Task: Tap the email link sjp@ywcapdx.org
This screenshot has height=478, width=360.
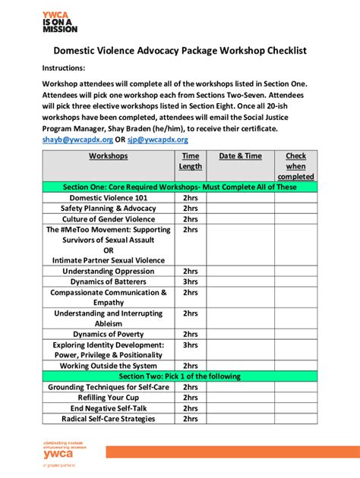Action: click(x=158, y=140)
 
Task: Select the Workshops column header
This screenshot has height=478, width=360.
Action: click(x=109, y=156)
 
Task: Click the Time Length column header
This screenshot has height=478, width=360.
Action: click(x=190, y=161)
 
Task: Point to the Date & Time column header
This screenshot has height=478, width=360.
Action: click(x=240, y=156)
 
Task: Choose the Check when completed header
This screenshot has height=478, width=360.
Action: click(x=295, y=165)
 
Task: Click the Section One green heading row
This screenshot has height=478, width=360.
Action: click(x=179, y=187)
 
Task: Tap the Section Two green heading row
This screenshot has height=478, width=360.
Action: click(x=179, y=376)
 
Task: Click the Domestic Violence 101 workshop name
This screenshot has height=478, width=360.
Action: click(x=109, y=197)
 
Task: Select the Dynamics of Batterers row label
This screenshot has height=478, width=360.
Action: click(x=109, y=281)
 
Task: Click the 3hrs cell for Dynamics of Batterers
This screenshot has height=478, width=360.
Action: click(x=190, y=281)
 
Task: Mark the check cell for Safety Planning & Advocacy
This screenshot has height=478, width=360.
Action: click(x=295, y=208)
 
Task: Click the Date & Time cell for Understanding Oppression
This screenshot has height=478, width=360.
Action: click(x=240, y=271)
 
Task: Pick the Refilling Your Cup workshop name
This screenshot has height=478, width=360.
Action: click(x=109, y=397)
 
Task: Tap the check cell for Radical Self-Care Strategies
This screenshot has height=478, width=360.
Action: click(x=295, y=418)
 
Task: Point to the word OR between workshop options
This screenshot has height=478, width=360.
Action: click(x=109, y=250)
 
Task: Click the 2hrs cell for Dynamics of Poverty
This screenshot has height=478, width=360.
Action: click(x=190, y=334)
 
